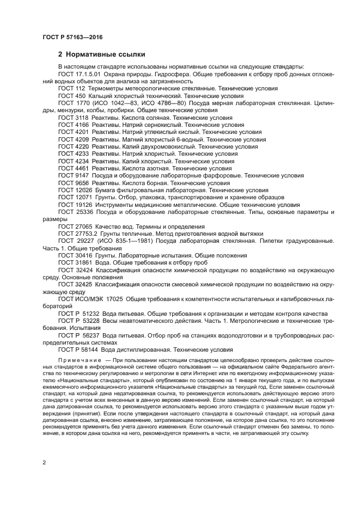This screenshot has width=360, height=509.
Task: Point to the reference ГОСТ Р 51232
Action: (x=79, y=314)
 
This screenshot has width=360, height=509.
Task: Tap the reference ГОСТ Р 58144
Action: (x=79, y=350)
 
